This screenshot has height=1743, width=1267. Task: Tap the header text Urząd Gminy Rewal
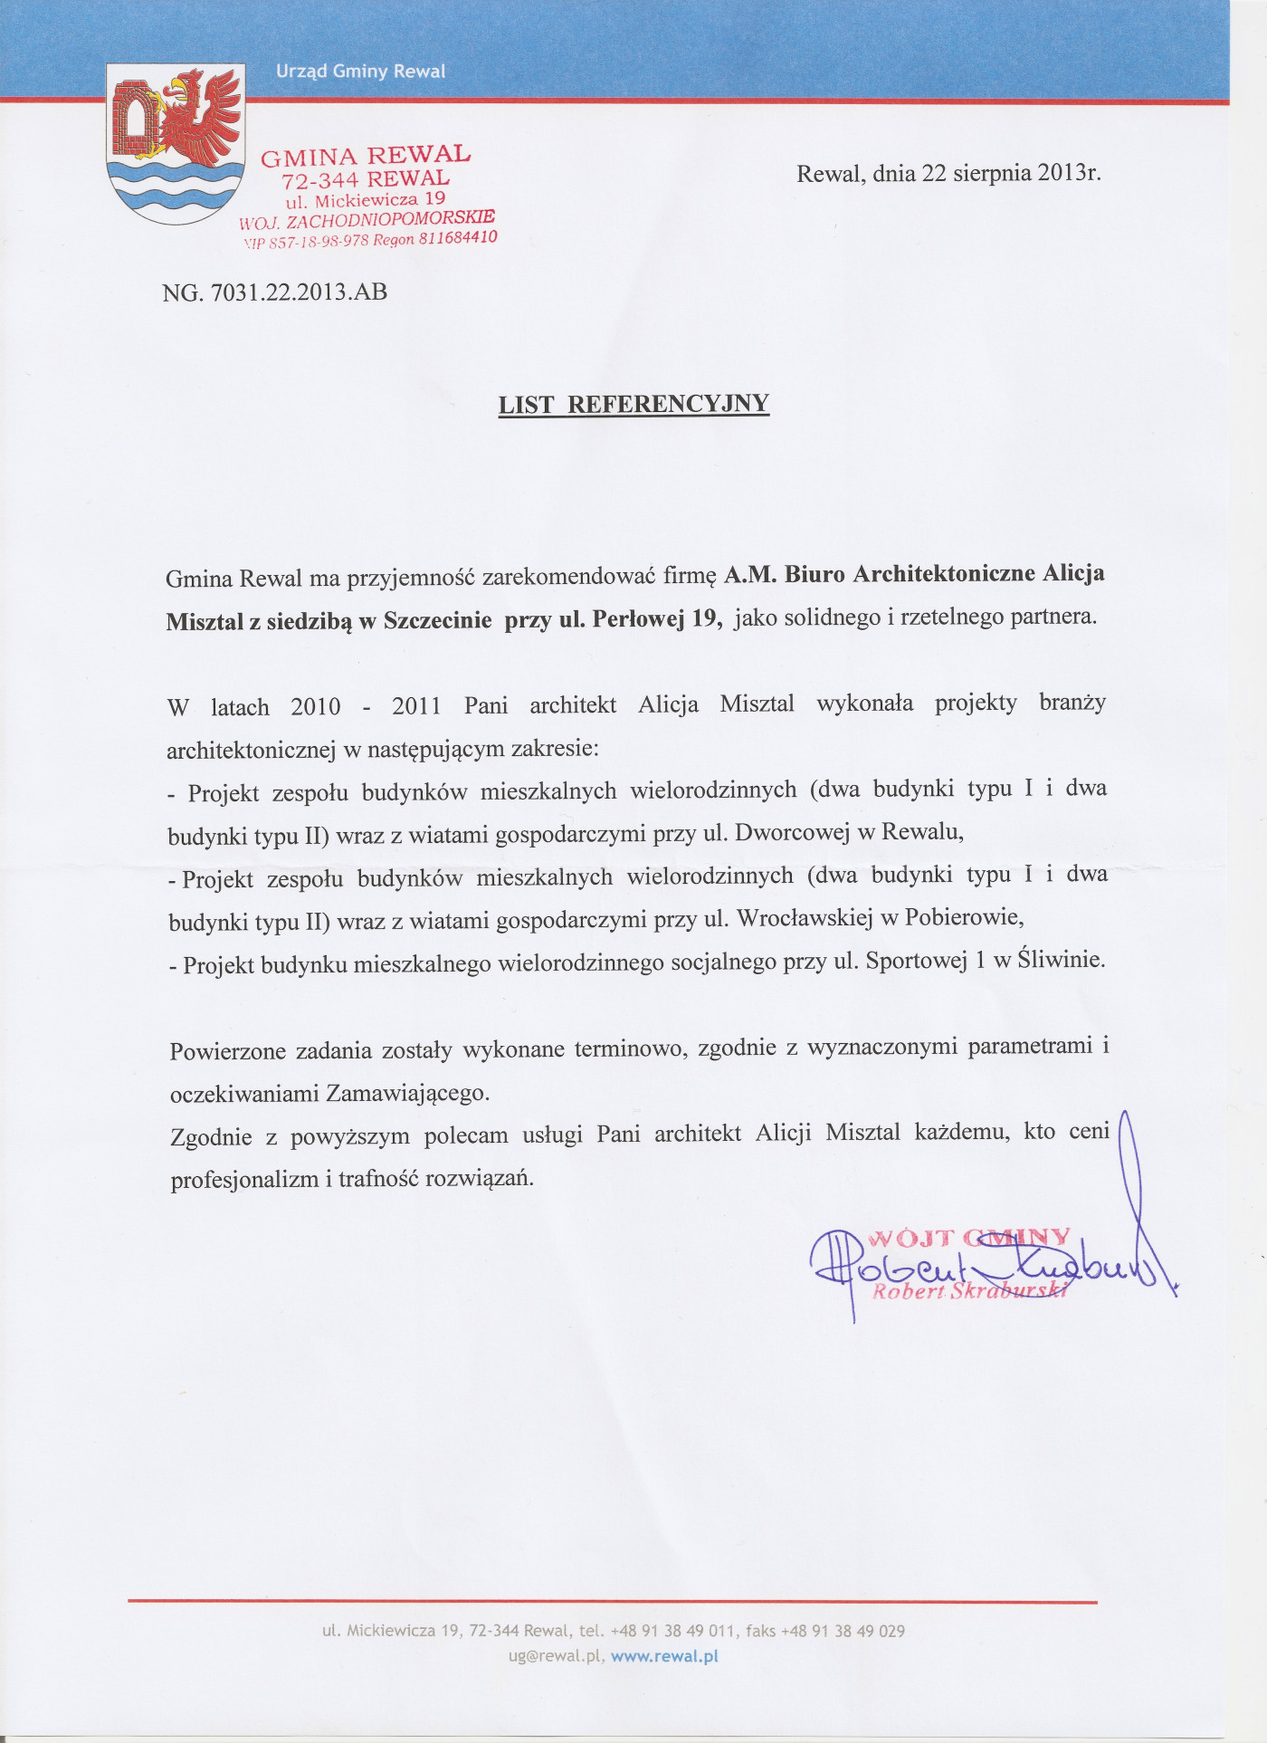(x=360, y=72)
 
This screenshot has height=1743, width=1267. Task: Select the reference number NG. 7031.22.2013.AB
(x=275, y=292)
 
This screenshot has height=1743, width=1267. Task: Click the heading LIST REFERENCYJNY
(x=633, y=404)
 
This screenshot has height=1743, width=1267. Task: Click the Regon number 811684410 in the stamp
(x=458, y=238)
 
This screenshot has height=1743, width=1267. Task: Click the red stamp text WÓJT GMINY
(x=969, y=1238)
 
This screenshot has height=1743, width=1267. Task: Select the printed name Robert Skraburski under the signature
(x=969, y=1291)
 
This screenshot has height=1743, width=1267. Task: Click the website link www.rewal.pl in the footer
(x=664, y=1656)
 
